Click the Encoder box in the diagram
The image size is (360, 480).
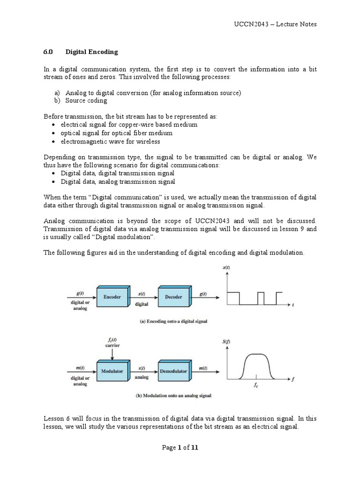pyautogui.click(x=112, y=297)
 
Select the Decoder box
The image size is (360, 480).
pyautogui.click(x=173, y=297)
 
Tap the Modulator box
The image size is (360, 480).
pyautogui.click(x=112, y=371)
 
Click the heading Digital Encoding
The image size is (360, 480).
pyautogui.click(x=92, y=52)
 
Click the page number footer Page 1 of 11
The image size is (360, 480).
pyautogui.click(x=180, y=447)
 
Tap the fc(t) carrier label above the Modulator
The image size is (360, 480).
pyautogui.click(x=112, y=342)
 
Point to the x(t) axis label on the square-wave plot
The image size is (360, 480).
pyautogui.click(x=226, y=268)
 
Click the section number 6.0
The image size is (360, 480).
pyautogui.click(x=49, y=52)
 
